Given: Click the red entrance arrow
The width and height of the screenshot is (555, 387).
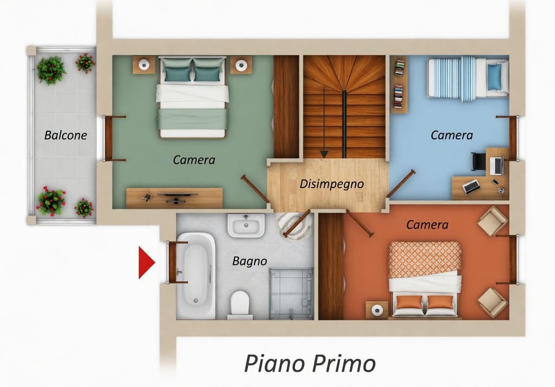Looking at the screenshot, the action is coord(146,262).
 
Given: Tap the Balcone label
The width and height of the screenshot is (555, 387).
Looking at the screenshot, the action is coord(66,136).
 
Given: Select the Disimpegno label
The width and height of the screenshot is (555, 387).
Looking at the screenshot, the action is coord(332,184).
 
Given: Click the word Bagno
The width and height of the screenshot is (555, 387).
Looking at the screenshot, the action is coord(249,261).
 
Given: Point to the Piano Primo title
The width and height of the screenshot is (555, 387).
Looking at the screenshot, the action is coord(309,364).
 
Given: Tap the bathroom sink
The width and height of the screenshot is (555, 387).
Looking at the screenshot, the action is coord(246,225).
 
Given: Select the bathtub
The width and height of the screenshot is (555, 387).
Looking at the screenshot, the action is coord(196,275).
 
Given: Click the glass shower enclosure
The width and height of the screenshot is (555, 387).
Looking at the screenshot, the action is coord(291,294).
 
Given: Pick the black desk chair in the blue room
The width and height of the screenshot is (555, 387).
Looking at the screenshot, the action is coord(479,161).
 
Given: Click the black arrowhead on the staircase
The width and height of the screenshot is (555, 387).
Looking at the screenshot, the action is coord(324,154).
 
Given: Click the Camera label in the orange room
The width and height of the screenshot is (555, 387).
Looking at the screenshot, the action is coord(427,225).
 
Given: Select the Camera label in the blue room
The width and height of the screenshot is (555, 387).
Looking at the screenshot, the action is coord(451,136).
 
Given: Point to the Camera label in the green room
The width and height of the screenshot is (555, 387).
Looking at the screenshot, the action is coord(194,160).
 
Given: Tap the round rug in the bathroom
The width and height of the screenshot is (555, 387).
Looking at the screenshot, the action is coord(294,226).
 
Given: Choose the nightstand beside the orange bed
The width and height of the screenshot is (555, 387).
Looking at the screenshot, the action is coord(377,310).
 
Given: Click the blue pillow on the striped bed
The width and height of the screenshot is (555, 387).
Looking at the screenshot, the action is coord(494,76).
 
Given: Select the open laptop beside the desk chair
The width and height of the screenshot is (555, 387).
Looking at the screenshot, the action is coord(497,166).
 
